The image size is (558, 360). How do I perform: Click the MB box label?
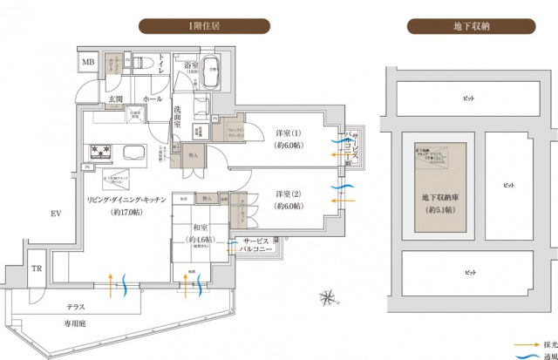pyautogui.click(x=89, y=64)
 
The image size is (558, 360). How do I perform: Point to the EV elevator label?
pyautogui.click(x=57, y=213)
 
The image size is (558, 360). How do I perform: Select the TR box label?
pyautogui.click(x=37, y=268)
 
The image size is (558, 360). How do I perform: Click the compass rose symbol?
pyautogui.click(x=327, y=296)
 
